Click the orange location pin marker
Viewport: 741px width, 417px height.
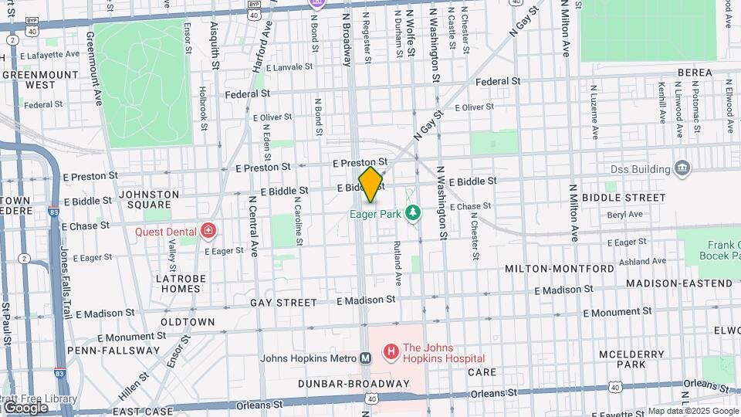coord(370,185)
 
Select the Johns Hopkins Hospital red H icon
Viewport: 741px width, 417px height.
coord(391,352)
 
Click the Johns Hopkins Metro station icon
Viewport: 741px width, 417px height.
coord(366,358)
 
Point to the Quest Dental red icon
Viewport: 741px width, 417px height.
coord(208,230)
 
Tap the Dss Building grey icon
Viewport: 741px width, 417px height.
coord(682,168)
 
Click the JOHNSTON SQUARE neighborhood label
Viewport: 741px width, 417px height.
coord(148,199)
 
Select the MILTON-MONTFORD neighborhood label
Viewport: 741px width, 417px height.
coord(560,269)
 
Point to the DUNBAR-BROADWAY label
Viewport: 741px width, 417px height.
coord(355,384)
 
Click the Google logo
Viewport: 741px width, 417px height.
coord(25,406)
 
